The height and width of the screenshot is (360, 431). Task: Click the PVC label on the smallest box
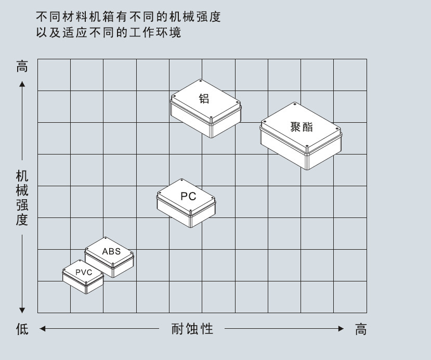83,272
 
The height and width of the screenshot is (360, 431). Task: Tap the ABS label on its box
111,251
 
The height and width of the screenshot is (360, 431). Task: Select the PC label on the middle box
188,196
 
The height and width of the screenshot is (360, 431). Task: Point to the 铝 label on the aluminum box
204,98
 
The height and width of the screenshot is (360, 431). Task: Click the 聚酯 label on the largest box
302,127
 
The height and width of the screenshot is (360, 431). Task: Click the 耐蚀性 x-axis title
192,329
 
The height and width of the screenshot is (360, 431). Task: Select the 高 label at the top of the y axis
22,67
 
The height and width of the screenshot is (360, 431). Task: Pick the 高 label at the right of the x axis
361,329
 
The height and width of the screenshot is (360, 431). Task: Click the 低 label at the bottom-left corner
22,329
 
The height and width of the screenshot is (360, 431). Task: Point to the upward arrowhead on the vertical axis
22,83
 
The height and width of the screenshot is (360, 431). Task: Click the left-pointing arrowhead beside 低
43,329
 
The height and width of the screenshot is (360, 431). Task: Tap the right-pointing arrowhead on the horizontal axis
341,329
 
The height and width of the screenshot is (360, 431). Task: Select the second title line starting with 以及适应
109,32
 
